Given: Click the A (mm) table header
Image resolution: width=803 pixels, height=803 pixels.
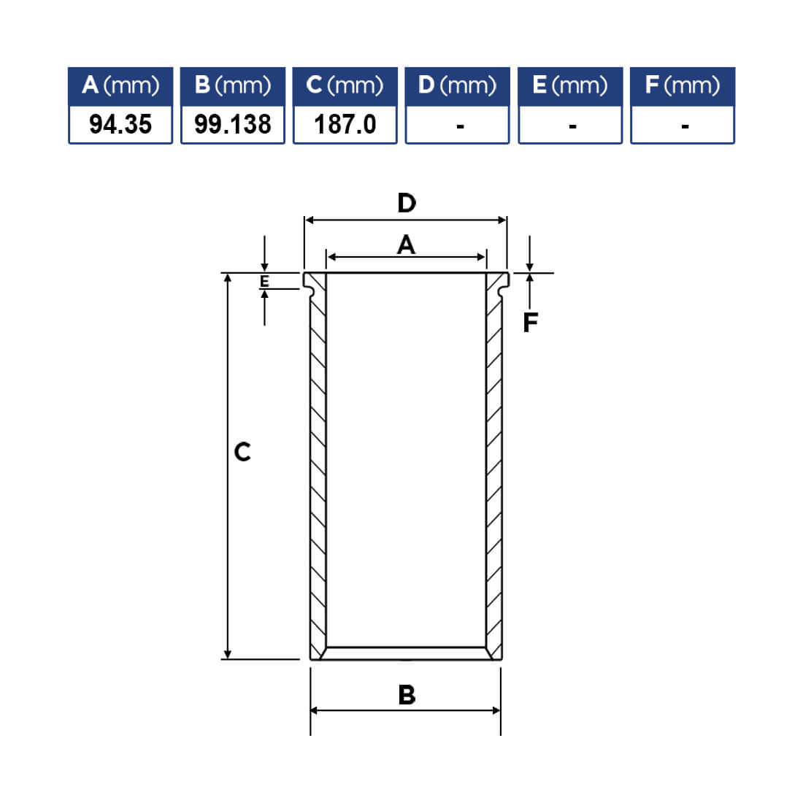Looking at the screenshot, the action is point(120,86).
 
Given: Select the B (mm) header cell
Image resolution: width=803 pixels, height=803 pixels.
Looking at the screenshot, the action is point(232,86).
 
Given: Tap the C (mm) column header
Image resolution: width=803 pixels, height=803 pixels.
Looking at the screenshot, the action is point(345,86).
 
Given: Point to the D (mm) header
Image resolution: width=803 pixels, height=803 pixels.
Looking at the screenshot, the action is point(457,86).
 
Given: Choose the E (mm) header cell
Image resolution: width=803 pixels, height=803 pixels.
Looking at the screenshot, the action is point(570,86).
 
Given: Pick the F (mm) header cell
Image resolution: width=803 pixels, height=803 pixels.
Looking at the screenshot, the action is point(683,86).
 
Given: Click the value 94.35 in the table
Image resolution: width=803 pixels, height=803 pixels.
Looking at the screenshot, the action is point(120,124).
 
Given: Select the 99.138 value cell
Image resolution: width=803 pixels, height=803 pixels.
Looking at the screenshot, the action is point(232,124).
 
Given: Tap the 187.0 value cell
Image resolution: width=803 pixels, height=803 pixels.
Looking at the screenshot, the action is point(345,124).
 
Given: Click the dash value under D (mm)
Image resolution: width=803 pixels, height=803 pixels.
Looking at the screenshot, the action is point(460,126).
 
